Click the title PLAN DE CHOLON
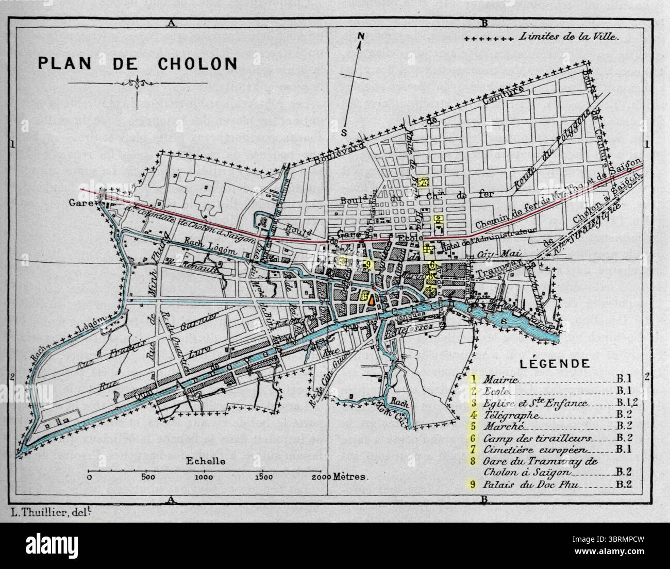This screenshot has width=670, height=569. [137, 63]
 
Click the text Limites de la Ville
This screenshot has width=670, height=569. [571, 37]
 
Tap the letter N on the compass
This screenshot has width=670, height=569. [362, 36]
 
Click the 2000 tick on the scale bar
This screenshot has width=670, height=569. [322, 477]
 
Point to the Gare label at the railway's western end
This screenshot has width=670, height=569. [80, 203]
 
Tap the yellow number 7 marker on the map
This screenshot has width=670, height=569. [423, 181]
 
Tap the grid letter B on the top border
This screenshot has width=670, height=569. [483, 23]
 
